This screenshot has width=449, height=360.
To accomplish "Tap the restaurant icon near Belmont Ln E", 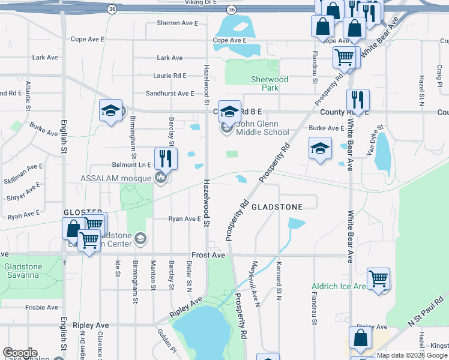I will [163, 159].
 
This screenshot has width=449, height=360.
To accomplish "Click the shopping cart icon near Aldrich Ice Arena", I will [378, 278].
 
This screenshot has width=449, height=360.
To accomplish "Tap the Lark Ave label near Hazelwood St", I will [169, 58].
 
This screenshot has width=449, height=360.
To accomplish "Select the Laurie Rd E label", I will [170, 76].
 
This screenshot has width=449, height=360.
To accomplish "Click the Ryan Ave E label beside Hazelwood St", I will [184, 220].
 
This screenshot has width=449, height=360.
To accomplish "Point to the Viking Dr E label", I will [200, 3].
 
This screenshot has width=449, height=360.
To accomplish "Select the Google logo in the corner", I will [20, 353].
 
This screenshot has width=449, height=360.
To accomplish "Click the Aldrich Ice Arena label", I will [339, 287].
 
